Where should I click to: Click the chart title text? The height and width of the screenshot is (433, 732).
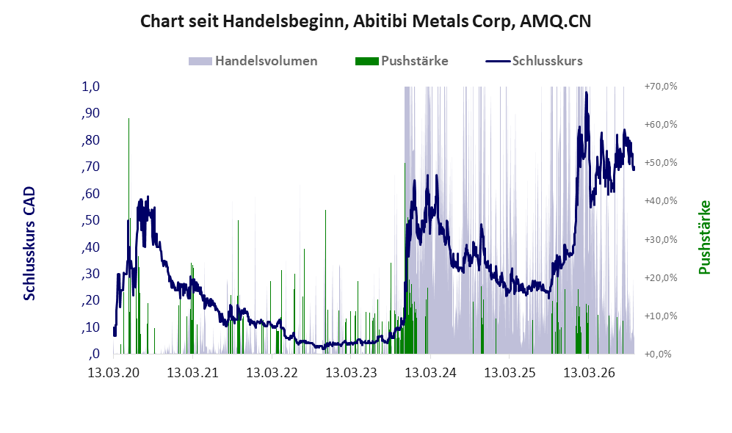point(366,21)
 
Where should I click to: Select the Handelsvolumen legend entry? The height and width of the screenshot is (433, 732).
point(253,61)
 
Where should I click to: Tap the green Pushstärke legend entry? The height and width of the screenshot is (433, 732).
point(402,61)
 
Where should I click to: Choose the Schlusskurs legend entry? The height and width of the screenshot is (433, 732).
point(534,61)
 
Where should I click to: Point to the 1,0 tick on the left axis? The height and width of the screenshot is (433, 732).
point(90,87)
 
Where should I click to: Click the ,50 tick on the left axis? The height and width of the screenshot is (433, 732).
point(90,220)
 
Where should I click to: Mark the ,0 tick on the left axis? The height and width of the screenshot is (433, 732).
point(93,354)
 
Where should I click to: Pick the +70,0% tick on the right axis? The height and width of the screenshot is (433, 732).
point(661,87)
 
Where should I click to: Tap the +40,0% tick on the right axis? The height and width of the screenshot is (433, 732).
point(661,200)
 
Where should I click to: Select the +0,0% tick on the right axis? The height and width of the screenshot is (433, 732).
point(658,354)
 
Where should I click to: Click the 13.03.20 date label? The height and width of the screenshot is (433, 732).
point(114,373)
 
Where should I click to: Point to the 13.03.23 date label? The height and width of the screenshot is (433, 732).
point(351,373)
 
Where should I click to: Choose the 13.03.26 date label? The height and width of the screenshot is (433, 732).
point(589,373)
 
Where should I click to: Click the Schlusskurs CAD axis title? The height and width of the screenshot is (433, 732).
point(29,243)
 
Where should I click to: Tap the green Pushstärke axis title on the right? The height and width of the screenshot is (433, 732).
point(704,238)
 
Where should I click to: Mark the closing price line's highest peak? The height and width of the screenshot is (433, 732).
point(587,92)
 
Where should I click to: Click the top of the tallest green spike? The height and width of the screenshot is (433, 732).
point(128,118)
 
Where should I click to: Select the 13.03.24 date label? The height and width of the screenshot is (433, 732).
point(430,373)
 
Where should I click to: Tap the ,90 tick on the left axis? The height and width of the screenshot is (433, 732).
point(90,113)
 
